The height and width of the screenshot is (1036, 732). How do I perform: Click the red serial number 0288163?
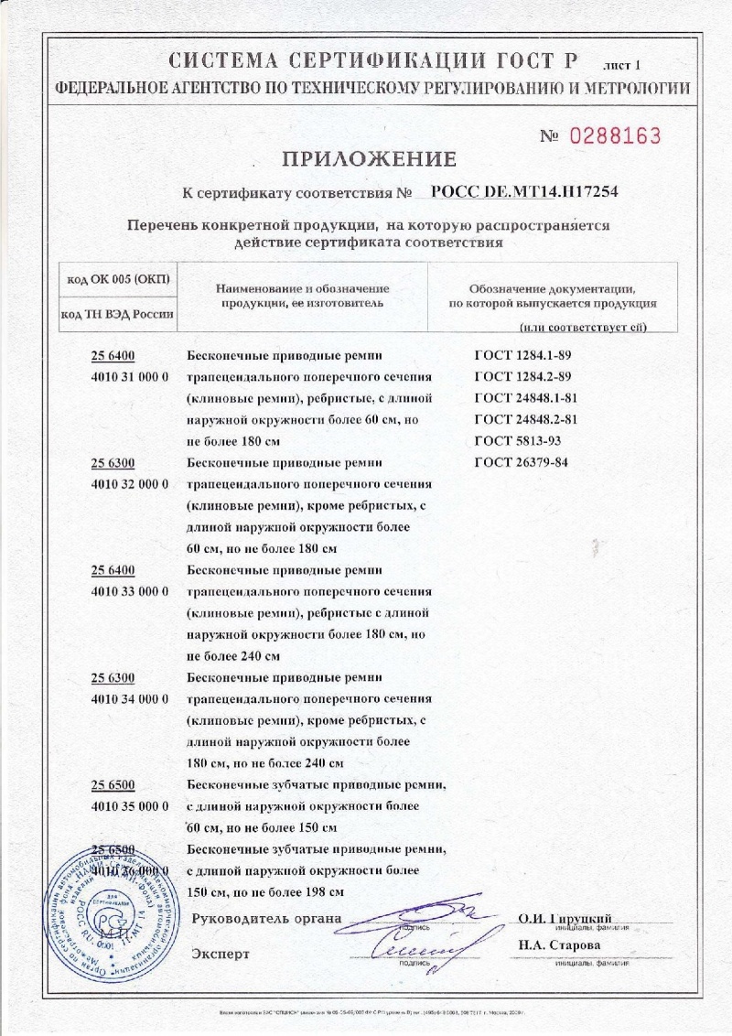[614, 136]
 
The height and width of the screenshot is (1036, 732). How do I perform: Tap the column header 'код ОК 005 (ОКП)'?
[118, 278]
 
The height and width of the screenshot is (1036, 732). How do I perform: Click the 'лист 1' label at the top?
[624, 65]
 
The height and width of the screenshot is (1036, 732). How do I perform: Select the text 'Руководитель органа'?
[266, 918]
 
